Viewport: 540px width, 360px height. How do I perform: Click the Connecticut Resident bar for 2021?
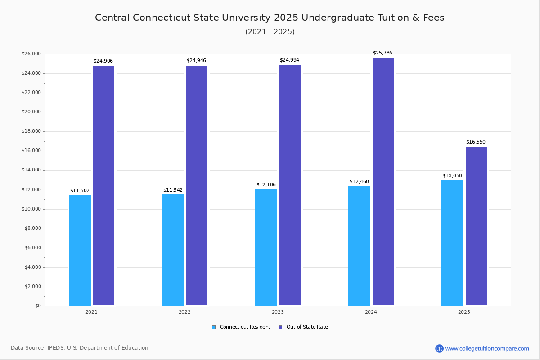click(x=80, y=250)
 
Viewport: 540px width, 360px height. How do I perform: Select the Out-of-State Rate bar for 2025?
click(x=476, y=226)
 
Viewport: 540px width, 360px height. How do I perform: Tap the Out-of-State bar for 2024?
click(x=383, y=182)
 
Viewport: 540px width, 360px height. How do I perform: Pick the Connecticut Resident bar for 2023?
click(x=266, y=247)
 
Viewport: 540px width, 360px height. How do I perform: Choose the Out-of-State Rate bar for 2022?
click(x=197, y=185)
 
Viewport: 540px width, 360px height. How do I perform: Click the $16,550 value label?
click(x=476, y=142)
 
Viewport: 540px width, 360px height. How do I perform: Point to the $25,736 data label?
click(x=382, y=53)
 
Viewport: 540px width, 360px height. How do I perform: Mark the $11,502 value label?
click(x=80, y=191)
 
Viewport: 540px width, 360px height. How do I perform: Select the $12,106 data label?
click(x=266, y=185)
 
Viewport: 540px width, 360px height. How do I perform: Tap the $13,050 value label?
click(x=452, y=176)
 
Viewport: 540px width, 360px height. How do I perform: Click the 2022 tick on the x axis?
click(x=184, y=312)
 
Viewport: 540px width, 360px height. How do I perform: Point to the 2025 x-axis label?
click(x=464, y=312)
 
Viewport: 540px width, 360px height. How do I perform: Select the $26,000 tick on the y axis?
click(x=31, y=54)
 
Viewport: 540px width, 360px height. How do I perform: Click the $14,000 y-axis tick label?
click(x=31, y=170)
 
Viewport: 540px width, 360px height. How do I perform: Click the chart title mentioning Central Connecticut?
click(x=270, y=18)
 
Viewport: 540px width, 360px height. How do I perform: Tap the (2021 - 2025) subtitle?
click(x=270, y=32)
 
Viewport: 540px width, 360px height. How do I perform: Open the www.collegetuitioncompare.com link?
click(x=487, y=348)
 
